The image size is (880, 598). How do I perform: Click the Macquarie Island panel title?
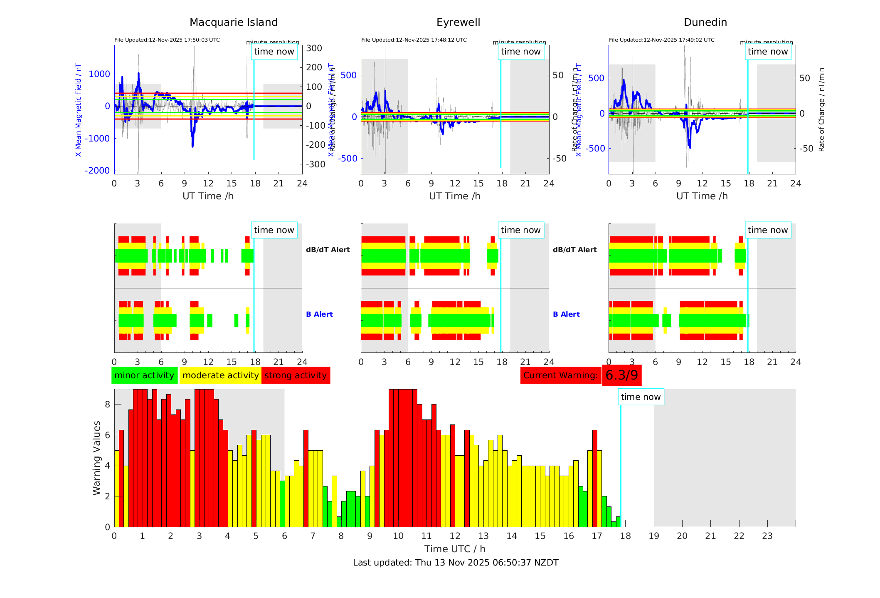point(234,22)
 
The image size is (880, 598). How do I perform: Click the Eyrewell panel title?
point(458,22)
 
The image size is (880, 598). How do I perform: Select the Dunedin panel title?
point(705,22)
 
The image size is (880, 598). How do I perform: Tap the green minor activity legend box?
point(144,375)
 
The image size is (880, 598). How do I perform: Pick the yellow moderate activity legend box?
point(220,375)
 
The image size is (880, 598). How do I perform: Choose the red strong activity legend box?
point(296,375)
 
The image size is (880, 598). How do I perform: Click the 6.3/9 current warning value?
point(621,375)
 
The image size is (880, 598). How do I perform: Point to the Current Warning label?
point(560,375)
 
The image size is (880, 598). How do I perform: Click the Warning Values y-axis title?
point(97,458)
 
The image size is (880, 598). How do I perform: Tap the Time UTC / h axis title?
point(455,549)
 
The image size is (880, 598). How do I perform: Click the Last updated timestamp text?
point(456,563)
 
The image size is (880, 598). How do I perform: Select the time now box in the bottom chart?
point(641,397)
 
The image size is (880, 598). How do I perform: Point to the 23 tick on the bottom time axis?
point(767,536)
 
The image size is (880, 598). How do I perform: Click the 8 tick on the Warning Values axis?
point(107,404)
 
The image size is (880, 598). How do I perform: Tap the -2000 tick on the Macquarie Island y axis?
point(97,171)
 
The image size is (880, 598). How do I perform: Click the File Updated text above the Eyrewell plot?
point(414,40)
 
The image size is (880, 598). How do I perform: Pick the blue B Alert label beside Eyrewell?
point(566,314)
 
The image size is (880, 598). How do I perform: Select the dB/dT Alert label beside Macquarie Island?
point(328,250)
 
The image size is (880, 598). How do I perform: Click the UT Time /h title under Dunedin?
point(702,196)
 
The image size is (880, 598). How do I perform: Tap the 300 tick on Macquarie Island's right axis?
point(314,48)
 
